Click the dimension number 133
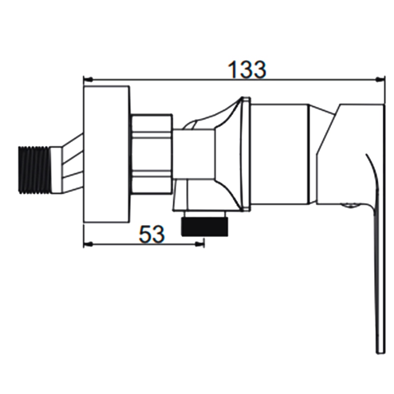click(x=247, y=69)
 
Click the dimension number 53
click(x=152, y=234)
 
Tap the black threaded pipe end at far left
click(x=35, y=169)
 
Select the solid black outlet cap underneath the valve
click(x=204, y=227)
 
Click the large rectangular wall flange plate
click(x=106, y=154)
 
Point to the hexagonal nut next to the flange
click(x=152, y=154)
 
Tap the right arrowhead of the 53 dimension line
click(x=199, y=243)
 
